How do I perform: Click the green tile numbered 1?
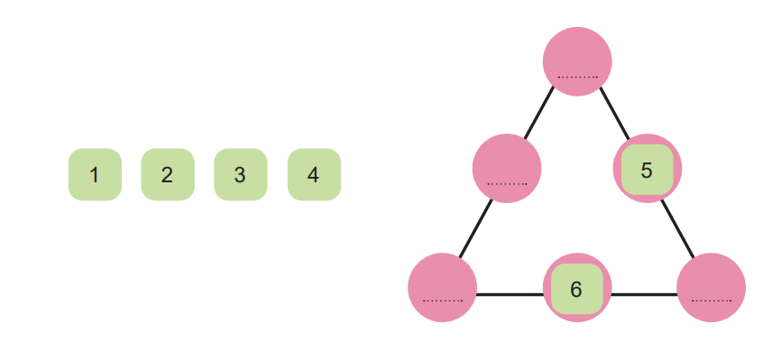pyautogui.click(x=95, y=174)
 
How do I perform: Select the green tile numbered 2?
pyautogui.click(x=168, y=174)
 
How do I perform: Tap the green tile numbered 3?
pyautogui.click(x=241, y=174)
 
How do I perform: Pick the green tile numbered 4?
pyautogui.click(x=314, y=174)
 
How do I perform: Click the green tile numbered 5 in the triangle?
pyautogui.click(x=647, y=170)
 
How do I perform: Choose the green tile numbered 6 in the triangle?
pyautogui.click(x=577, y=289)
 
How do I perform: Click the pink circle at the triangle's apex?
pyautogui.click(x=577, y=61)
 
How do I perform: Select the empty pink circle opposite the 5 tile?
pyautogui.click(x=507, y=169)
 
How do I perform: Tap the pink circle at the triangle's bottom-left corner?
pyautogui.click(x=443, y=288)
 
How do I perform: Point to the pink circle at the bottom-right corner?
pyautogui.click(x=711, y=288)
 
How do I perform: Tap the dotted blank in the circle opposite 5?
pyautogui.click(x=507, y=184)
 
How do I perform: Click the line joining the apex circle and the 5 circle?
pyautogui.click(x=614, y=114)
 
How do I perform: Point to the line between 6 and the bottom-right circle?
pyautogui.click(x=644, y=294)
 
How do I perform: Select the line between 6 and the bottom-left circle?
pyautogui.click(x=510, y=294)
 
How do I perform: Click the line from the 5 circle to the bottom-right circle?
pyautogui.click(x=677, y=228)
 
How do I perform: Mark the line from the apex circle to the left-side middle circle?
pyautogui.click(x=539, y=113)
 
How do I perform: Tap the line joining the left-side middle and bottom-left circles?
pyautogui.click(x=475, y=228)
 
